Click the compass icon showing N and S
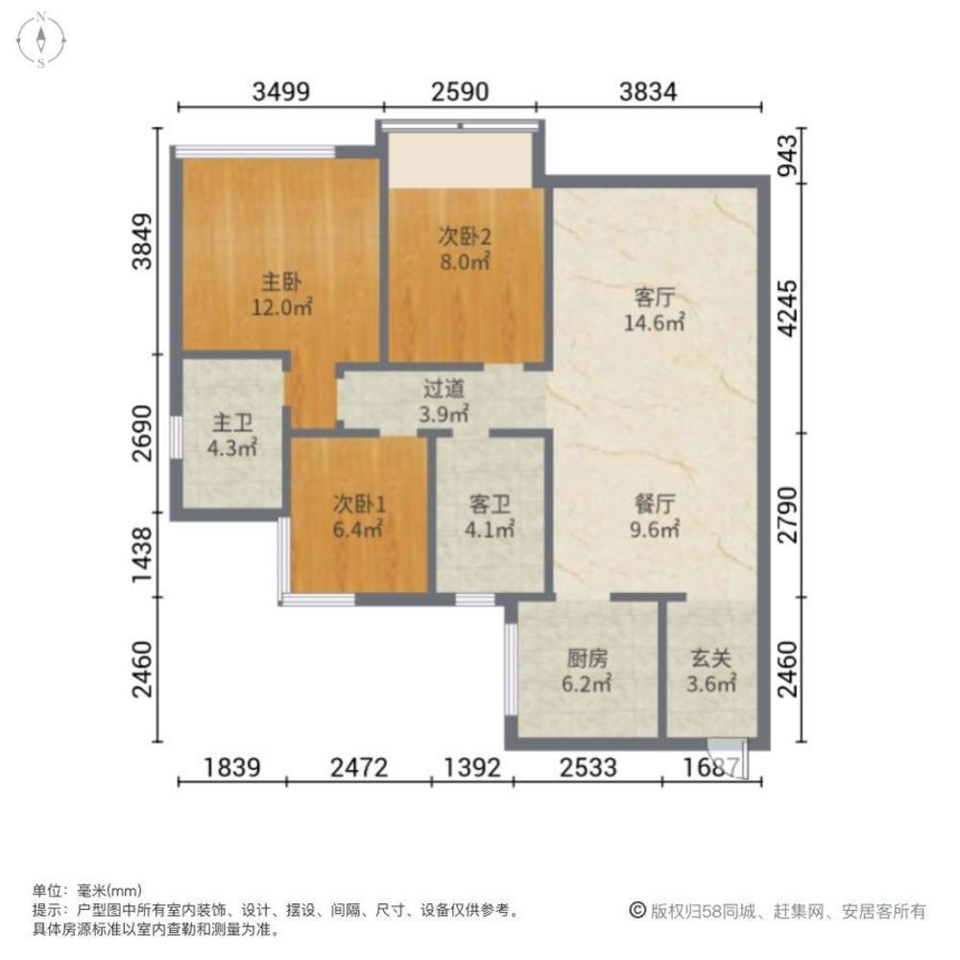pos(41,39)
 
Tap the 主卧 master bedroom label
pos(281,282)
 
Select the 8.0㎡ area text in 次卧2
pos(466,262)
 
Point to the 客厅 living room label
pos(654,298)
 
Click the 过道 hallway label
pos(444,389)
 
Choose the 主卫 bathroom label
pos(232,423)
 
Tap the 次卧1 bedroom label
pos(359,505)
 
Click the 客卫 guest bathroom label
pos(490,505)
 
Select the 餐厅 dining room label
pos(655,505)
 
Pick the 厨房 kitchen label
pos(588,659)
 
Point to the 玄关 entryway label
pos(710,659)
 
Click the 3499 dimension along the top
pos(281,92)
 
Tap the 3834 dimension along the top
pos(648,92)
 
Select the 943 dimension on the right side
pos(788,156)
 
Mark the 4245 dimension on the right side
pos(788,308)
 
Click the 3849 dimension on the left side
pos(143,241)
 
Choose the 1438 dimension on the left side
pos(143,555)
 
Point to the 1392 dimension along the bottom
pos(472,767)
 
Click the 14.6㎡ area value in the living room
pos(654,322)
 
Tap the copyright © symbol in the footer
pos(638,910)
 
